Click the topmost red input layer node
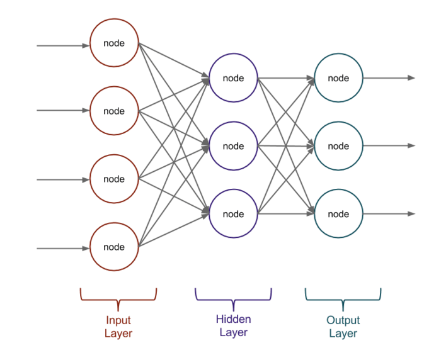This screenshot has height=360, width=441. [114, 43]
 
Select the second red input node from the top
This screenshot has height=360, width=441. [114, 111]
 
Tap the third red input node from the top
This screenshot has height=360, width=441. [114, 179]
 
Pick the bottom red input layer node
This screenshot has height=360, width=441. [114, 247]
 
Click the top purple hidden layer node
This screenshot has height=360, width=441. [233, 78]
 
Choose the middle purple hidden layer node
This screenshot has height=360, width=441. [233, 146]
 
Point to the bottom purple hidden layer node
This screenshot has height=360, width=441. [233, 214]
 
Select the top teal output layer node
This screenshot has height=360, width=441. [338, 78]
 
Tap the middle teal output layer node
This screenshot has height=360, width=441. [338, 146]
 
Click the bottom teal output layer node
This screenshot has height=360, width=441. [338, 214]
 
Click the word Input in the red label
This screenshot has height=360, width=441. [118, 320]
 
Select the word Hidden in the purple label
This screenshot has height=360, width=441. [233, 319]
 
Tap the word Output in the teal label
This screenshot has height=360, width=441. [343, 320]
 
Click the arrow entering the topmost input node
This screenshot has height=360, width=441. [63, 45]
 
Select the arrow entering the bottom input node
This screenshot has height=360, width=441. [63, 249]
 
